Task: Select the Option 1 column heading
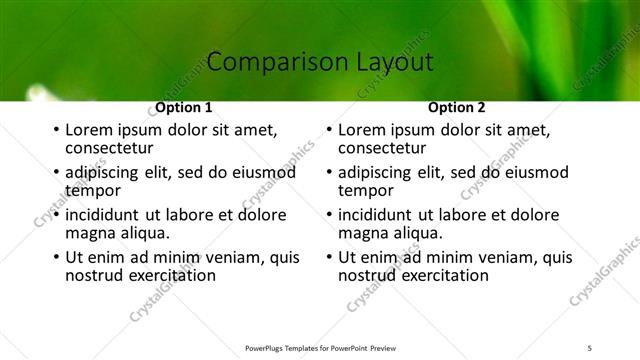coord(184,108)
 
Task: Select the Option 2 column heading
coord(456,108)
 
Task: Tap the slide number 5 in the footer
coord(590,348)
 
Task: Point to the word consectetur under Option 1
coord(107,148)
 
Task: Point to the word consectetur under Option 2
coord(380,148)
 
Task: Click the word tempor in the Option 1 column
coord(93,190)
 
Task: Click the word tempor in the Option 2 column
coord(366,190)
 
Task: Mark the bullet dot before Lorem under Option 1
coord(56,130)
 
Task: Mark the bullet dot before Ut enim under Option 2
coord(329,257)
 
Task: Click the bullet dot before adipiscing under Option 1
coord(56,172)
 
